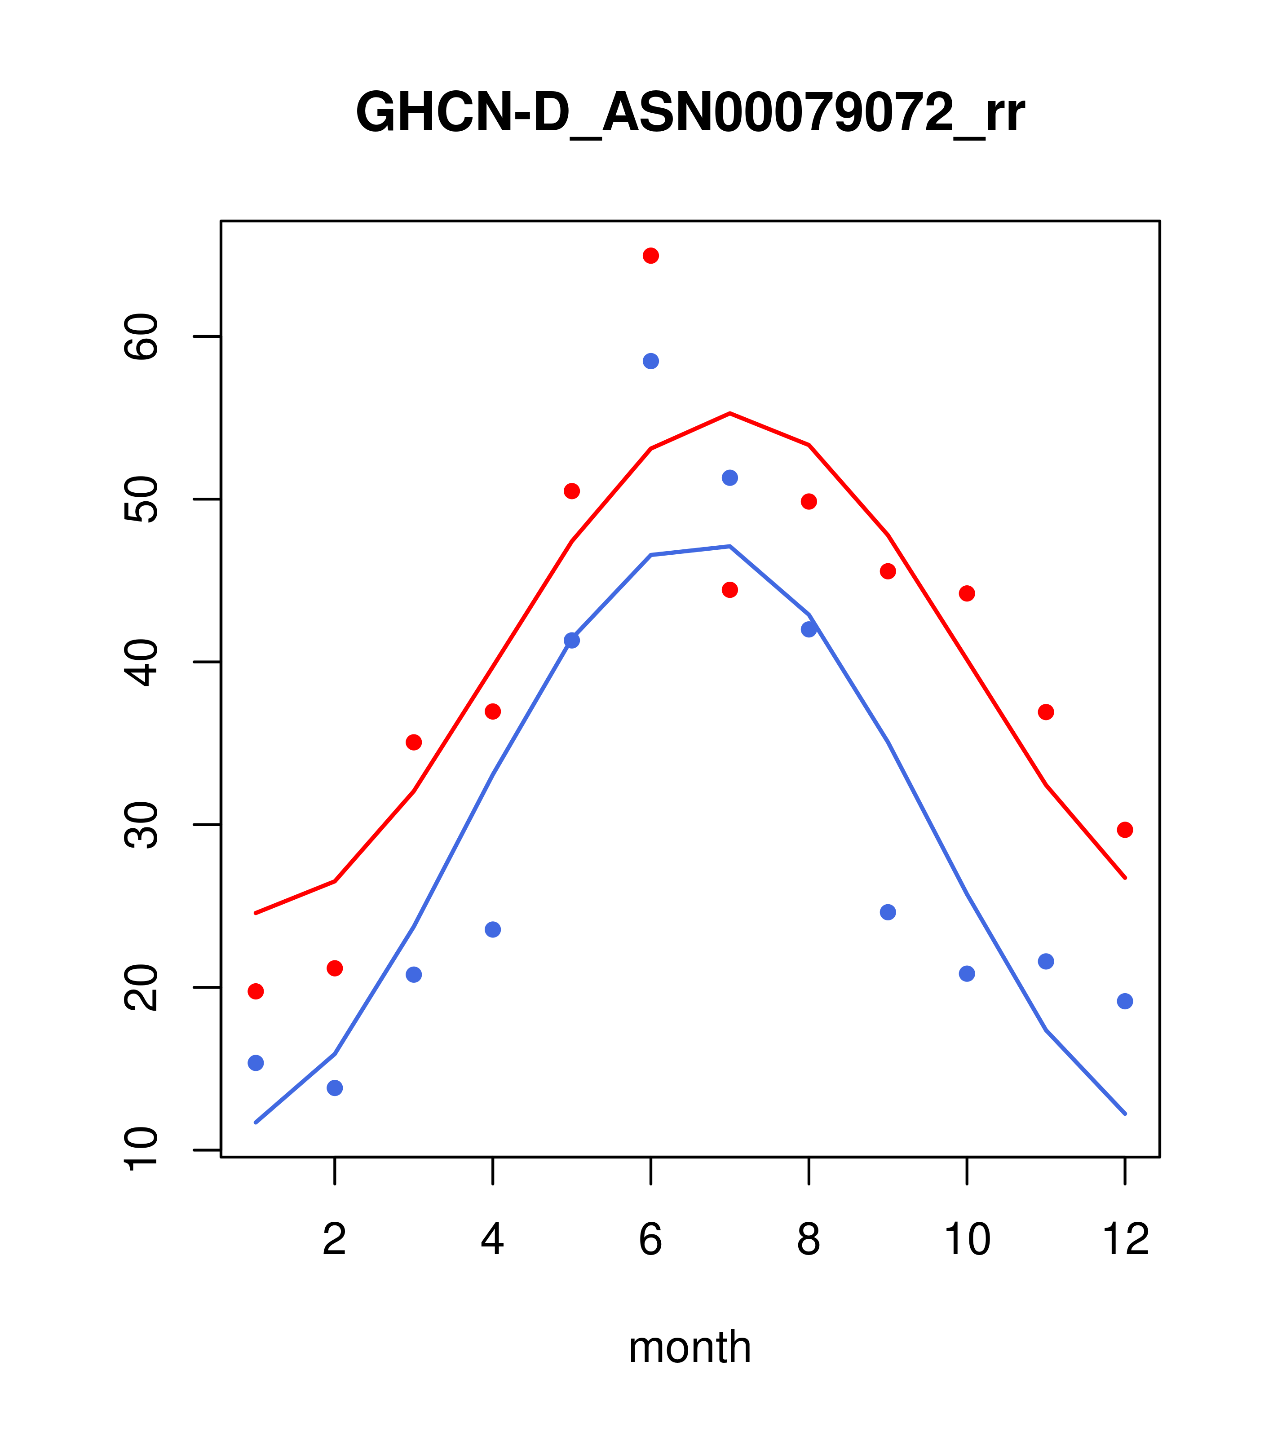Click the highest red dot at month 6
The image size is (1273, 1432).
coord(651,256)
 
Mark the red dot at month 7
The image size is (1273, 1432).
coord(730,590)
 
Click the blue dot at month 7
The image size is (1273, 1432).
coord(730,478)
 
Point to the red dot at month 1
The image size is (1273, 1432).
coord(256,991)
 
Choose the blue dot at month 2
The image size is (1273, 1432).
coord(335,1088)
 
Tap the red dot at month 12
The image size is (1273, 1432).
coord(1125,830)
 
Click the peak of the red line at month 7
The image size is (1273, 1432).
coord(730,413)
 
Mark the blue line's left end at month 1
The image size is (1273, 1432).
coord(256,1123)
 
